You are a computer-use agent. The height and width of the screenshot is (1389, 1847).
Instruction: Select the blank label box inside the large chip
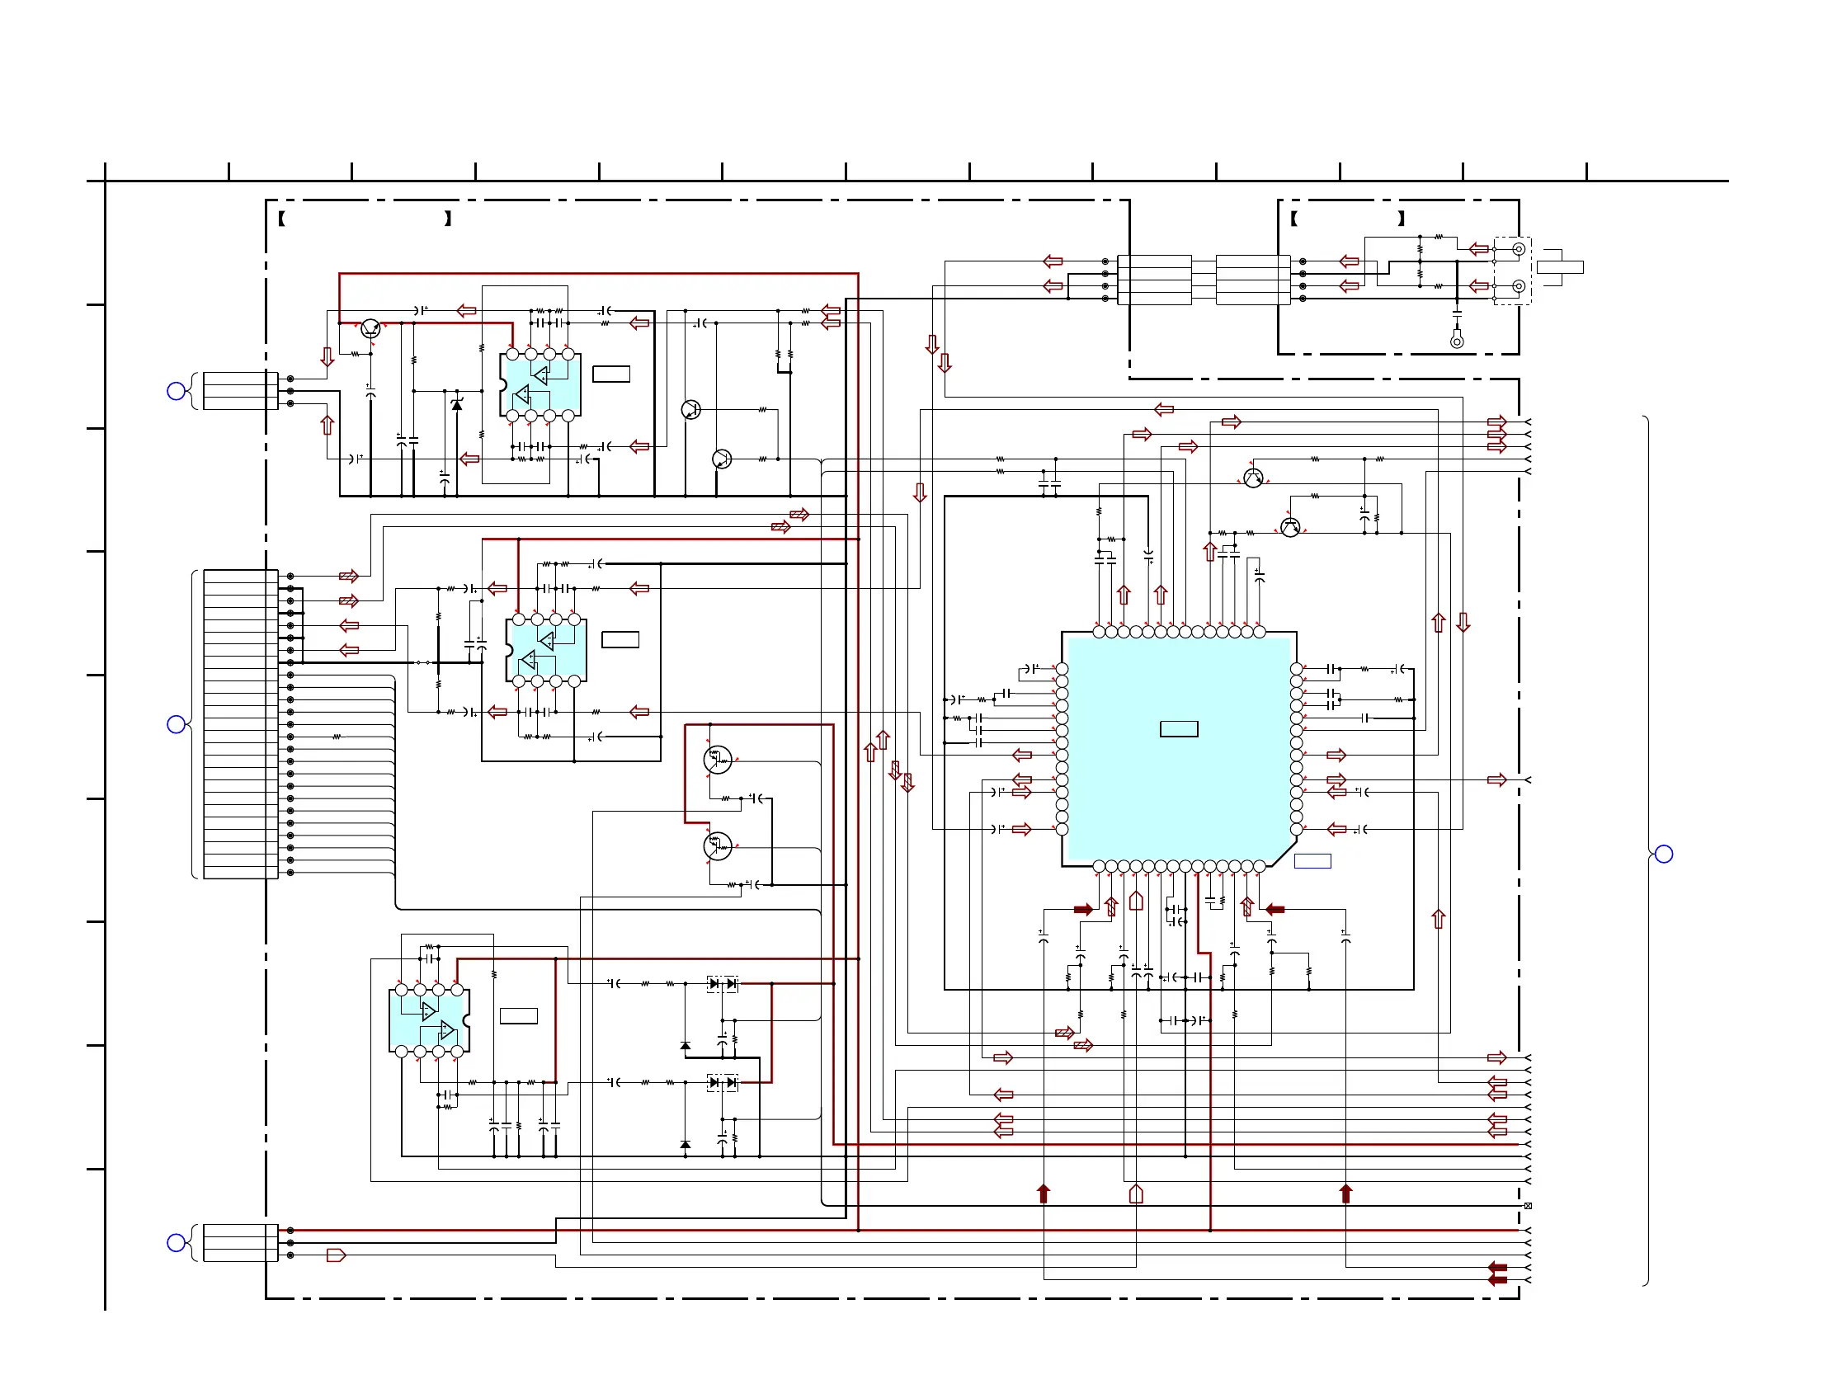(1179, 728)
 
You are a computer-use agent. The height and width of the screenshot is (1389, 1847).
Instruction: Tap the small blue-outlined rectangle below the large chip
(1312, 861)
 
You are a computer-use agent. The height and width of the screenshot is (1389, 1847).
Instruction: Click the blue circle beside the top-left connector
(177, 391)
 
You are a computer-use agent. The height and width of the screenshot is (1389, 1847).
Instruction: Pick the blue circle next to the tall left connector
(177, 724)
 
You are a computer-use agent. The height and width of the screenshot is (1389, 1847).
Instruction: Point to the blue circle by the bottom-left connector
(177, 1243)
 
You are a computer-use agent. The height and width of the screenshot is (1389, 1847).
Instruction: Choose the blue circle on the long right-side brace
(1664, 854)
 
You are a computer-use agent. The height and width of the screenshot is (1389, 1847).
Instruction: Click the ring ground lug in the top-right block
(1457, 341)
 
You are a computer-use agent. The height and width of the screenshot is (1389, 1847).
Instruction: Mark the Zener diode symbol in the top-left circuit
(457, 404)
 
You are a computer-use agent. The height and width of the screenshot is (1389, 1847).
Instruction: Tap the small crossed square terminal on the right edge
(1528, 1206)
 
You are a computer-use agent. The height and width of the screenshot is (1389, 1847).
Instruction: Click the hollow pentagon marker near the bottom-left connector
(336, 1255)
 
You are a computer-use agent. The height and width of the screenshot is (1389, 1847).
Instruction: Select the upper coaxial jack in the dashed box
(1519, 249)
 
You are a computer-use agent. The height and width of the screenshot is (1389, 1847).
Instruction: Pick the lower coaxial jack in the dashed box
(1519, 286)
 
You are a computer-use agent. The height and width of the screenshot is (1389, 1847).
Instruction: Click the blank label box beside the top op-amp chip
(611, 374)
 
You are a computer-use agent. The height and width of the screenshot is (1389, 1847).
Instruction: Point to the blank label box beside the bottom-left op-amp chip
(519, 1016)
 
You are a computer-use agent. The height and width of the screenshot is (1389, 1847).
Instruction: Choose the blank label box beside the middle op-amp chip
(620, 639)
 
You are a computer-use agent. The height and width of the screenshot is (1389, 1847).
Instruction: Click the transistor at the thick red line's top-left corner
(370, 329)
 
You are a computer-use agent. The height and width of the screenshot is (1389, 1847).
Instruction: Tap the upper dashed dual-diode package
(723, 984)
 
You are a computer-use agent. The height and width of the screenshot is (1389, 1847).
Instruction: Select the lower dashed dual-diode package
(723, 1083)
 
